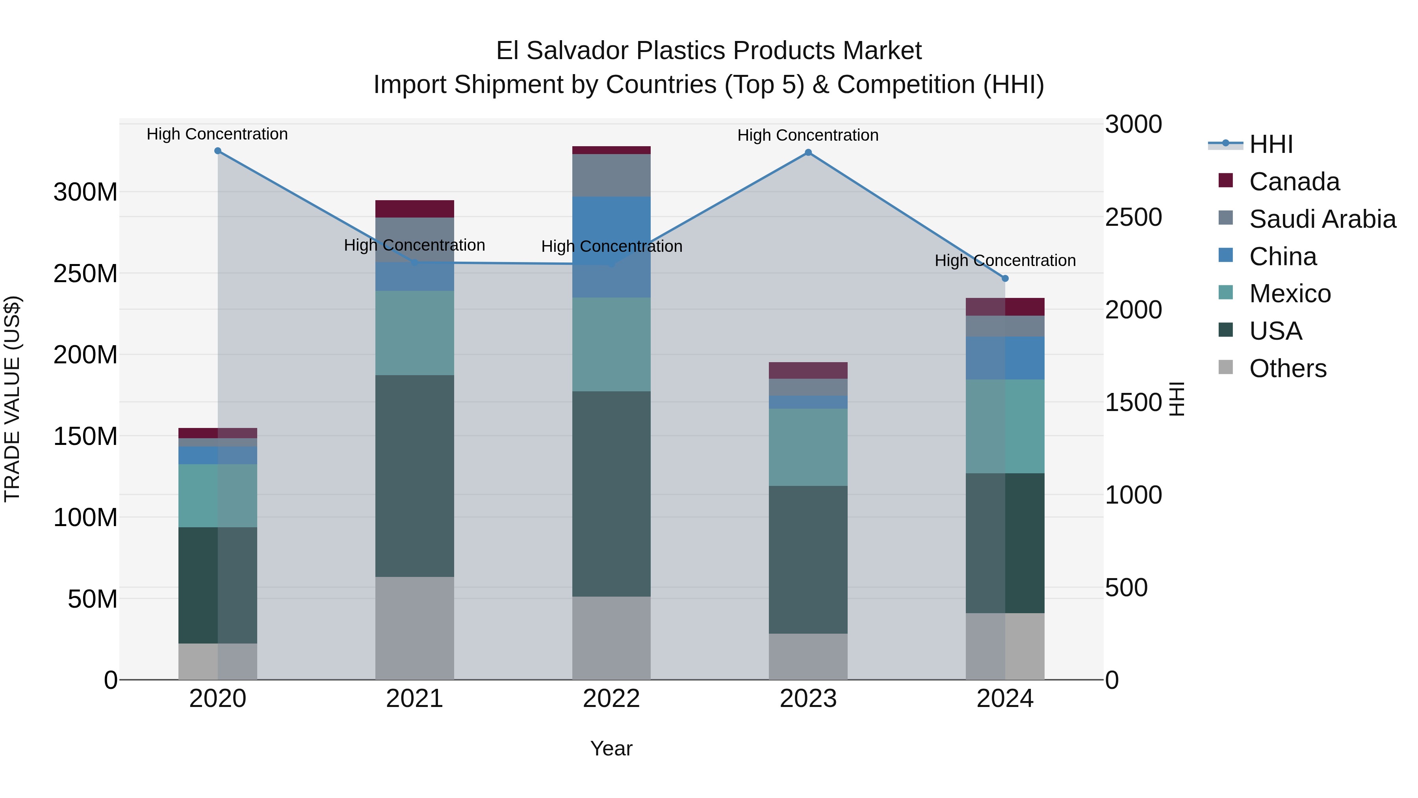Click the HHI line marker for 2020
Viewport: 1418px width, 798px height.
tap(217, 151)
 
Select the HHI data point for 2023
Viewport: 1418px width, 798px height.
tap(808, 153)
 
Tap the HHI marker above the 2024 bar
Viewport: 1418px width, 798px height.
tap(1005, 279)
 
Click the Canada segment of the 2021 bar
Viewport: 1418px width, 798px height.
tap(414, 209)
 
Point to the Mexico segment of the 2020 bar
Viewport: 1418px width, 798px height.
tap(217, 496)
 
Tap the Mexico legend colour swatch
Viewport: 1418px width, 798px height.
tap(1225, 292)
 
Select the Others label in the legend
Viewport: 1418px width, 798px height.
tap(1288, 368)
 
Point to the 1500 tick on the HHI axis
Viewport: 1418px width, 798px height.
tap(1133, 403)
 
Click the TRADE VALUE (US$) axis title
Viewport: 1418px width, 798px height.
tap(12, 399)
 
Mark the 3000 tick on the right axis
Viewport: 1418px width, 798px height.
tap(1133, 125)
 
